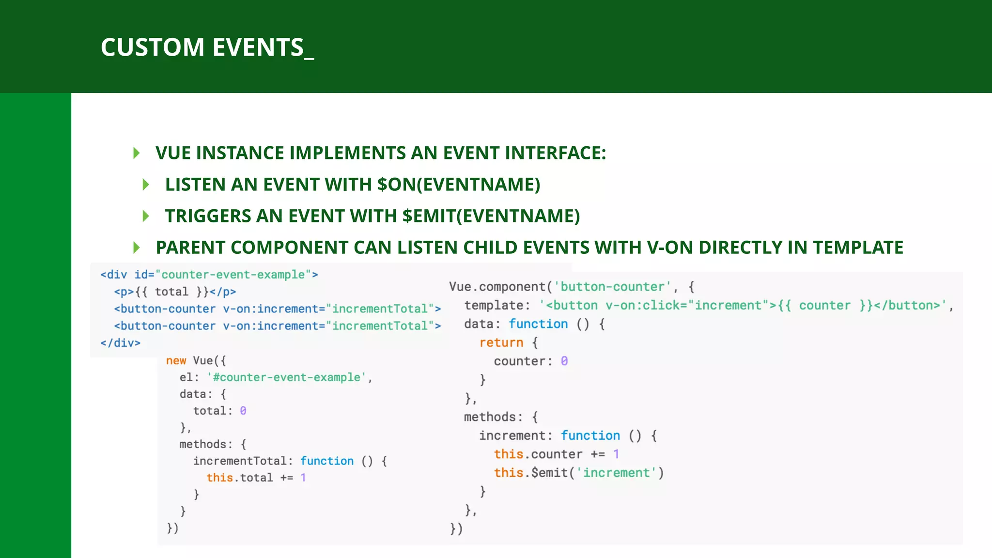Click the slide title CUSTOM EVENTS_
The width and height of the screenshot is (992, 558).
[x=207, y=47]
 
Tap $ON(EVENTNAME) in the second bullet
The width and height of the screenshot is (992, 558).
[x=458, y=185]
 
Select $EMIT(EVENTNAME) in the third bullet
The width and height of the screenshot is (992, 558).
[x=491, y=216]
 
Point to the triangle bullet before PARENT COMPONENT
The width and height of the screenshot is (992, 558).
[x=137, y=248]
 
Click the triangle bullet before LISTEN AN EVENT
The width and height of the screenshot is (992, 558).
[x=146, y=185]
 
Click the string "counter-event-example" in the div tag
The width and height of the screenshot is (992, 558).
[x=233, y=275]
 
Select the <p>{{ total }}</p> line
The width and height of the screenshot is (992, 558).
[x=175, y=292]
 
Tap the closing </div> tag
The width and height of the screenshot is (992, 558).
[x=120, y=343]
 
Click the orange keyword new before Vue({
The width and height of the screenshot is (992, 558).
[x=176, y=361]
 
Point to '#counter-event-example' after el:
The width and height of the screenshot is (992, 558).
[x=287, y=377]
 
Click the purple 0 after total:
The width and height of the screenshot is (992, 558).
[x=243, y=411]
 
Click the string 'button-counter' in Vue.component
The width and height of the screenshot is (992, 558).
[x=612, y=287]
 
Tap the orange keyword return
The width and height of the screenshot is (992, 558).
[x=501, y=342]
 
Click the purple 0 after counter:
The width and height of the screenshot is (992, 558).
[x=564, y=361]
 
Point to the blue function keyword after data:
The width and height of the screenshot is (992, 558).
[x=538, y=324]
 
